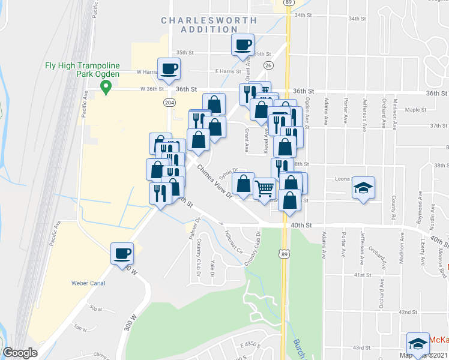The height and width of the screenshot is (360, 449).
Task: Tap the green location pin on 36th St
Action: (x=106, y=88)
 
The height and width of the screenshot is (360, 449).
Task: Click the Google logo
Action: (x=20, y=353)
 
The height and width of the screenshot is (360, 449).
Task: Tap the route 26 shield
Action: (x=268, y=65)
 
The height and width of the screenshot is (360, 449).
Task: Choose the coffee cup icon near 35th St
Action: (x=243, y=44)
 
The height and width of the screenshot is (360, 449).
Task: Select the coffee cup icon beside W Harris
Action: (x=169, y=68)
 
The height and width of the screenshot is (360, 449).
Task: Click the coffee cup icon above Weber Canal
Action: (x=122, y=253)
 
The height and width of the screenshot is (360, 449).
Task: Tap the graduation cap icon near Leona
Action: (x=363, y=188)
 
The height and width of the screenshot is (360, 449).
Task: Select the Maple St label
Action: (x=415, y=110)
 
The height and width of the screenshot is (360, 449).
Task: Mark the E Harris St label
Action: (x=228, y=71)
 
